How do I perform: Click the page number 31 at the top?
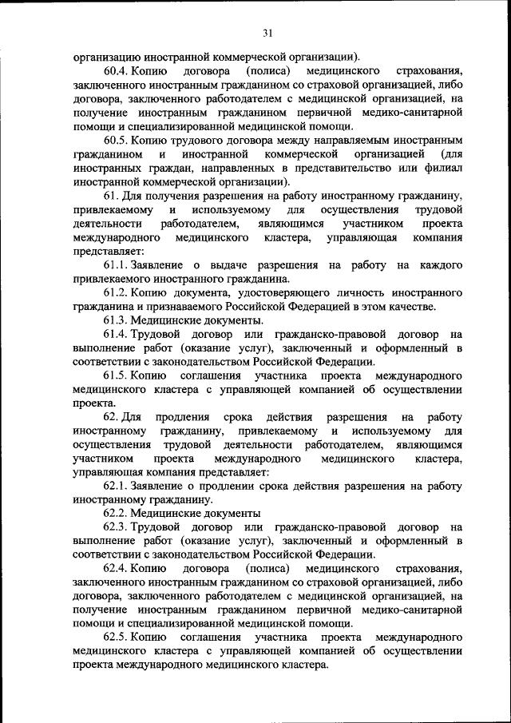coord(267,33)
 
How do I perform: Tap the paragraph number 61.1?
coord(116,264)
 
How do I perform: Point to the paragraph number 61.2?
coord(116,292)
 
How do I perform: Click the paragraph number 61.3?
coord(116,320)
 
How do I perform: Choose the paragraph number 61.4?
coord(116,334)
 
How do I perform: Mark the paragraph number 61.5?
coord(116,375)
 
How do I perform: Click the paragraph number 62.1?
coord(116,486)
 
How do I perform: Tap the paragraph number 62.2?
coord(116,513)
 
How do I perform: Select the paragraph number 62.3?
coord(116,527)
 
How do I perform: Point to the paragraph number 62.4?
coord(116,569)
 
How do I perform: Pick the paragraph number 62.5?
coord(116,638)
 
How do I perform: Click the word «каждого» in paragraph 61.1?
coord(440,264)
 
